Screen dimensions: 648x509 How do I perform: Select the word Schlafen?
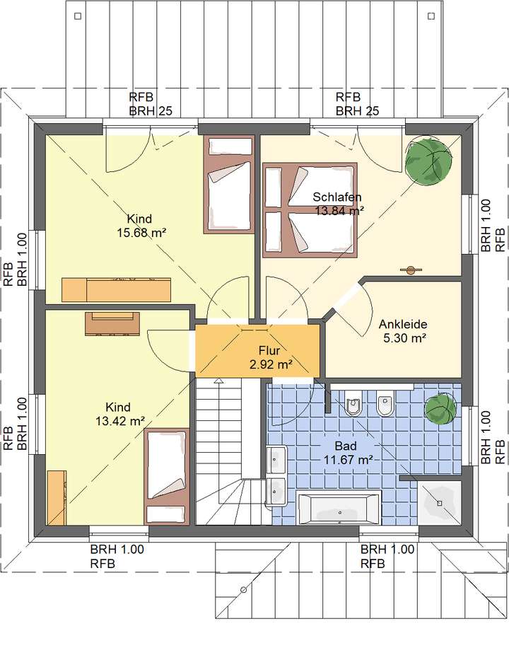pos(339,197)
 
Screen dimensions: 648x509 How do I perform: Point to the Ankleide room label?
pos(403,324)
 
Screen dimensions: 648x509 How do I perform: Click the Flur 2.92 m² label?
pos(270,357)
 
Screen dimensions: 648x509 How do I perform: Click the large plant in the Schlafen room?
pos(428,161)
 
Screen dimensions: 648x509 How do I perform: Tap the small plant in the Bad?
pos(440,410)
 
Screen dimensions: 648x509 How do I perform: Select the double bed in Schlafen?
pos(310,209)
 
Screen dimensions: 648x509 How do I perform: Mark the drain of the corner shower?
pos(440,503)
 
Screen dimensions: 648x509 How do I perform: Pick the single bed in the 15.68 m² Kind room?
pos(228,184)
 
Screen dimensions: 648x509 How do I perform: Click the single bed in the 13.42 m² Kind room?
pos(167,475)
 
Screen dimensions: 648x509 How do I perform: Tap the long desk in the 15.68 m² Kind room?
pos(117,289)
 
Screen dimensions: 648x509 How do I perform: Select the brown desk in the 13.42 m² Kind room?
pos(112,323)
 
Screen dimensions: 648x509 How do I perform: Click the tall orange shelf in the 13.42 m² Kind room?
pos(57,498)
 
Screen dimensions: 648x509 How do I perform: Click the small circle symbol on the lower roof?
pos(242,589)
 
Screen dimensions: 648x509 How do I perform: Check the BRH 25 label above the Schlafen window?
pos(358,110)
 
